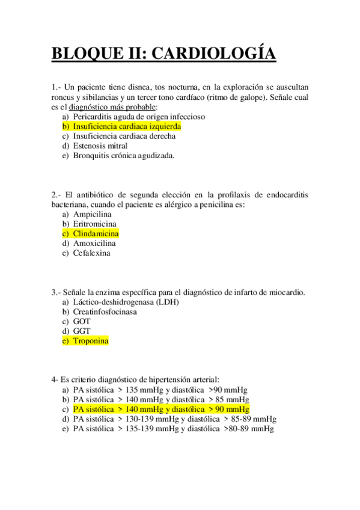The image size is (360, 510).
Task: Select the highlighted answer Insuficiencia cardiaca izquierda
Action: coord(127,127)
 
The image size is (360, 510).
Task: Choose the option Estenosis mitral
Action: coord(100,146)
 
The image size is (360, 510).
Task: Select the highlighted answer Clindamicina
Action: coord(96,233)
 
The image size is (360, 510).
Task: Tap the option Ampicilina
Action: coord(93,214)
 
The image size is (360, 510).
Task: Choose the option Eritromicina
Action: coord(95,224)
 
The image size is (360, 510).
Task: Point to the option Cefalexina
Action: coord(92,253)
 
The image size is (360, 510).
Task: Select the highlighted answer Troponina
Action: coord(91,341)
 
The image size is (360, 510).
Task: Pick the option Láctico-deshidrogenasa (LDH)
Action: coord(126,302)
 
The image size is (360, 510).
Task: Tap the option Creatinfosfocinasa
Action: coord(105,312)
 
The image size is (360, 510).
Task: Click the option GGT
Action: coord(82,331)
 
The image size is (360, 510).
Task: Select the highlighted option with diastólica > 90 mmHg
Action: coord(161,409)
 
